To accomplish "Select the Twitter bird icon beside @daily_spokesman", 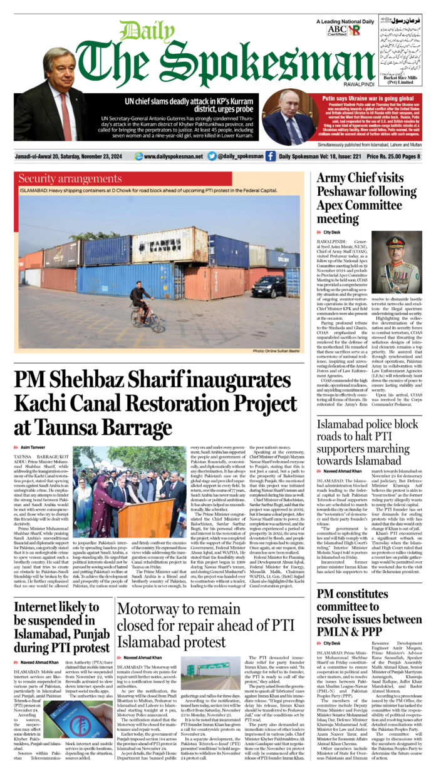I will coord(212,156).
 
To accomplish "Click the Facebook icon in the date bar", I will coord(270,156).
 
